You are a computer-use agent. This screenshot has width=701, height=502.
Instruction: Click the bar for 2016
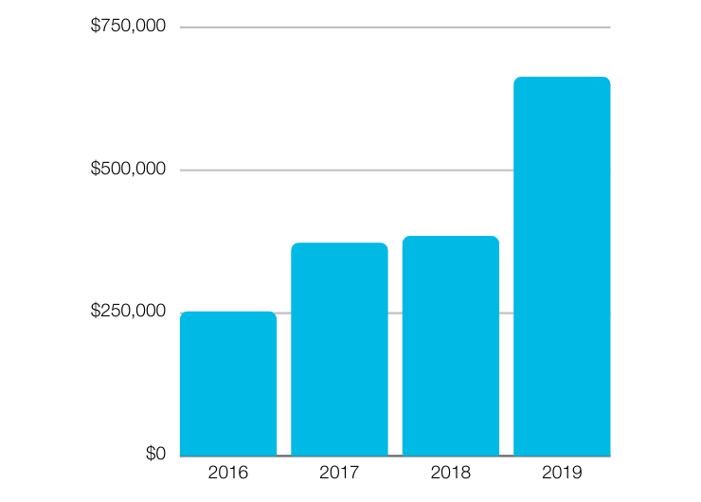click(228, 384)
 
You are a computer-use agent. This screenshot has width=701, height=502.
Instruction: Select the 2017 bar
click(339, 350)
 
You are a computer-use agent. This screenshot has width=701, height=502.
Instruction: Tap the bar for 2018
click(451, 346)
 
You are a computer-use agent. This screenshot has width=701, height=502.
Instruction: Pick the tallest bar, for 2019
click(562, 266)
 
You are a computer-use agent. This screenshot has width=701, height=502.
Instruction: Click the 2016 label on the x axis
click(228, 472)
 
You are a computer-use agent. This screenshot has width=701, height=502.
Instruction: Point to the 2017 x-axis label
click(339, 472)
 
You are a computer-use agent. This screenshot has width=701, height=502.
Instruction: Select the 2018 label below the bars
click(451, 472)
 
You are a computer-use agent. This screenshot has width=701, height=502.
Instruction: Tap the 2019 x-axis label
click(562, 472)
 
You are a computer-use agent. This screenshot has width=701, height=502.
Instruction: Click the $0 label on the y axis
click(155, 455)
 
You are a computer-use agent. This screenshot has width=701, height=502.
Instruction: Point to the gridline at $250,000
click(284, 313)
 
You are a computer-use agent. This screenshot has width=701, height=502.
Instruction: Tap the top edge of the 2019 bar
click(562, 78)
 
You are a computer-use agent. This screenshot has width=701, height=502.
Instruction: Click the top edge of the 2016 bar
click(228, 313)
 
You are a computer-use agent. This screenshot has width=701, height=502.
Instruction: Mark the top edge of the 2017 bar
click(339, 243)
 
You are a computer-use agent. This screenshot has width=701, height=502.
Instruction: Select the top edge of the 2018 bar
click(451, 237)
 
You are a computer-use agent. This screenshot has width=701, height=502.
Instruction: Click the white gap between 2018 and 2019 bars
click(506, 379)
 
